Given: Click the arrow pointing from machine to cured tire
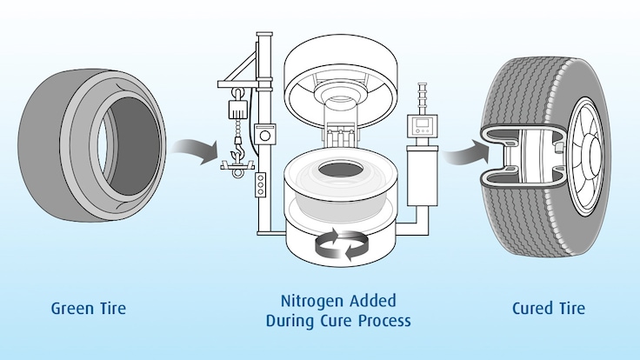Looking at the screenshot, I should [456, 157].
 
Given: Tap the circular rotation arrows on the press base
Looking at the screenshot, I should [340, 245].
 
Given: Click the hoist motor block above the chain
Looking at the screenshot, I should [232, 110].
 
